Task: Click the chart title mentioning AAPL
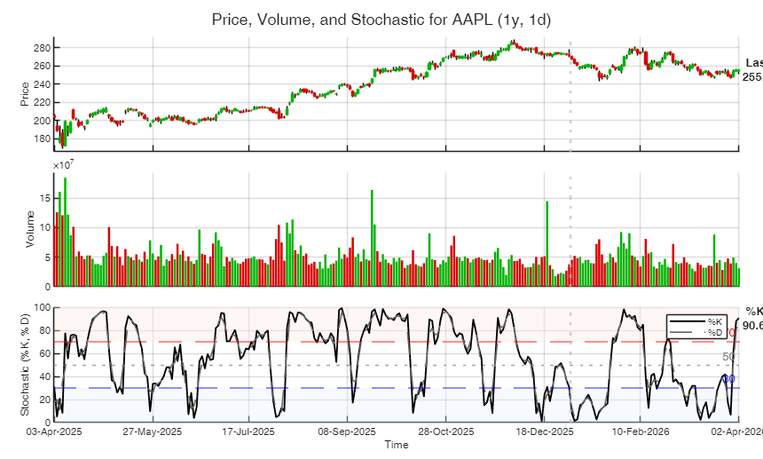click(381, 20)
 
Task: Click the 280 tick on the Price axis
click(43, 47)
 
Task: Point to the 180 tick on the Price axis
click(43, 138)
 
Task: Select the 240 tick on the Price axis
click(43, 83)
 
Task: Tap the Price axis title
click(25, 94)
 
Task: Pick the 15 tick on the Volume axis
click(45, 200)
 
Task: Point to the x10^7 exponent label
click(64, 165)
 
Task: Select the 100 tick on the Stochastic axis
click(41, 307)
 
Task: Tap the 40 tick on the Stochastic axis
click(43, 376)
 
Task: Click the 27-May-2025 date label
click(152, 431)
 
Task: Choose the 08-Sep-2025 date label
click(347, 431)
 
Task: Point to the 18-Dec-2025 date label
click(543, 431)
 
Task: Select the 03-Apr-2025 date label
click(54, 431)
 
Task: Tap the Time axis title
click(396, 445)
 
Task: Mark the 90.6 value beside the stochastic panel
click(753, 326)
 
